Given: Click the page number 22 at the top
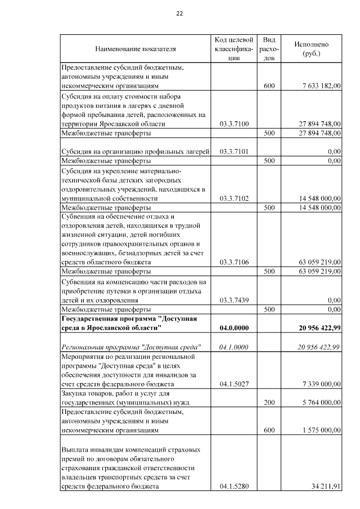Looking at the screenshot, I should tap(179, 13).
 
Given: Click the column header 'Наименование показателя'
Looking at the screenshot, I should tap(136, 49).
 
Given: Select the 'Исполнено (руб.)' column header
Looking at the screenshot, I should tap(311, 49).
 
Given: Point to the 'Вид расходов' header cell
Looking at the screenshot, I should tap(269, 49).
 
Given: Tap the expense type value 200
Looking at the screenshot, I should tap(269, 403).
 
